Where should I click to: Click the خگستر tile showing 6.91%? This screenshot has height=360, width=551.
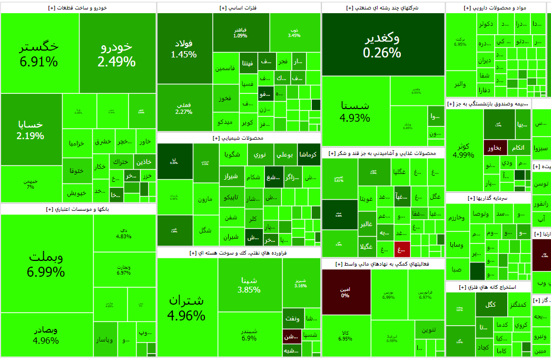40,54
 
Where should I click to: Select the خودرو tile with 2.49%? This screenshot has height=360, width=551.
117,54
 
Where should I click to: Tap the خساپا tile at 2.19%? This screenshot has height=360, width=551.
31,130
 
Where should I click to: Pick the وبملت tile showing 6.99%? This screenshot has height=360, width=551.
46,264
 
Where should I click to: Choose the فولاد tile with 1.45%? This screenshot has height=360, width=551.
184,48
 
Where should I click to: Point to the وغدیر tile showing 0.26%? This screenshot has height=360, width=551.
382,45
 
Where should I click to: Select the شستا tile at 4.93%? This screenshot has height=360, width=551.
355,111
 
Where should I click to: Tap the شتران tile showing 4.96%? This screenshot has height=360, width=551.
186,307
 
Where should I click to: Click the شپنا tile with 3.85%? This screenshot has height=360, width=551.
249,285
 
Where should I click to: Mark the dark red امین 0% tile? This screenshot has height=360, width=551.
346,291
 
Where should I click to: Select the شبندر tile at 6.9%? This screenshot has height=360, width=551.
249,334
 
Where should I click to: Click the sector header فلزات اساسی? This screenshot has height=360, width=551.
238,8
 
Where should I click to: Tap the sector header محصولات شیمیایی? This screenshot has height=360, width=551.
239,138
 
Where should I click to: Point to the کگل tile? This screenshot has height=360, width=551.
491,304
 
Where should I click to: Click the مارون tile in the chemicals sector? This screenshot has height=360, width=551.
205,199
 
